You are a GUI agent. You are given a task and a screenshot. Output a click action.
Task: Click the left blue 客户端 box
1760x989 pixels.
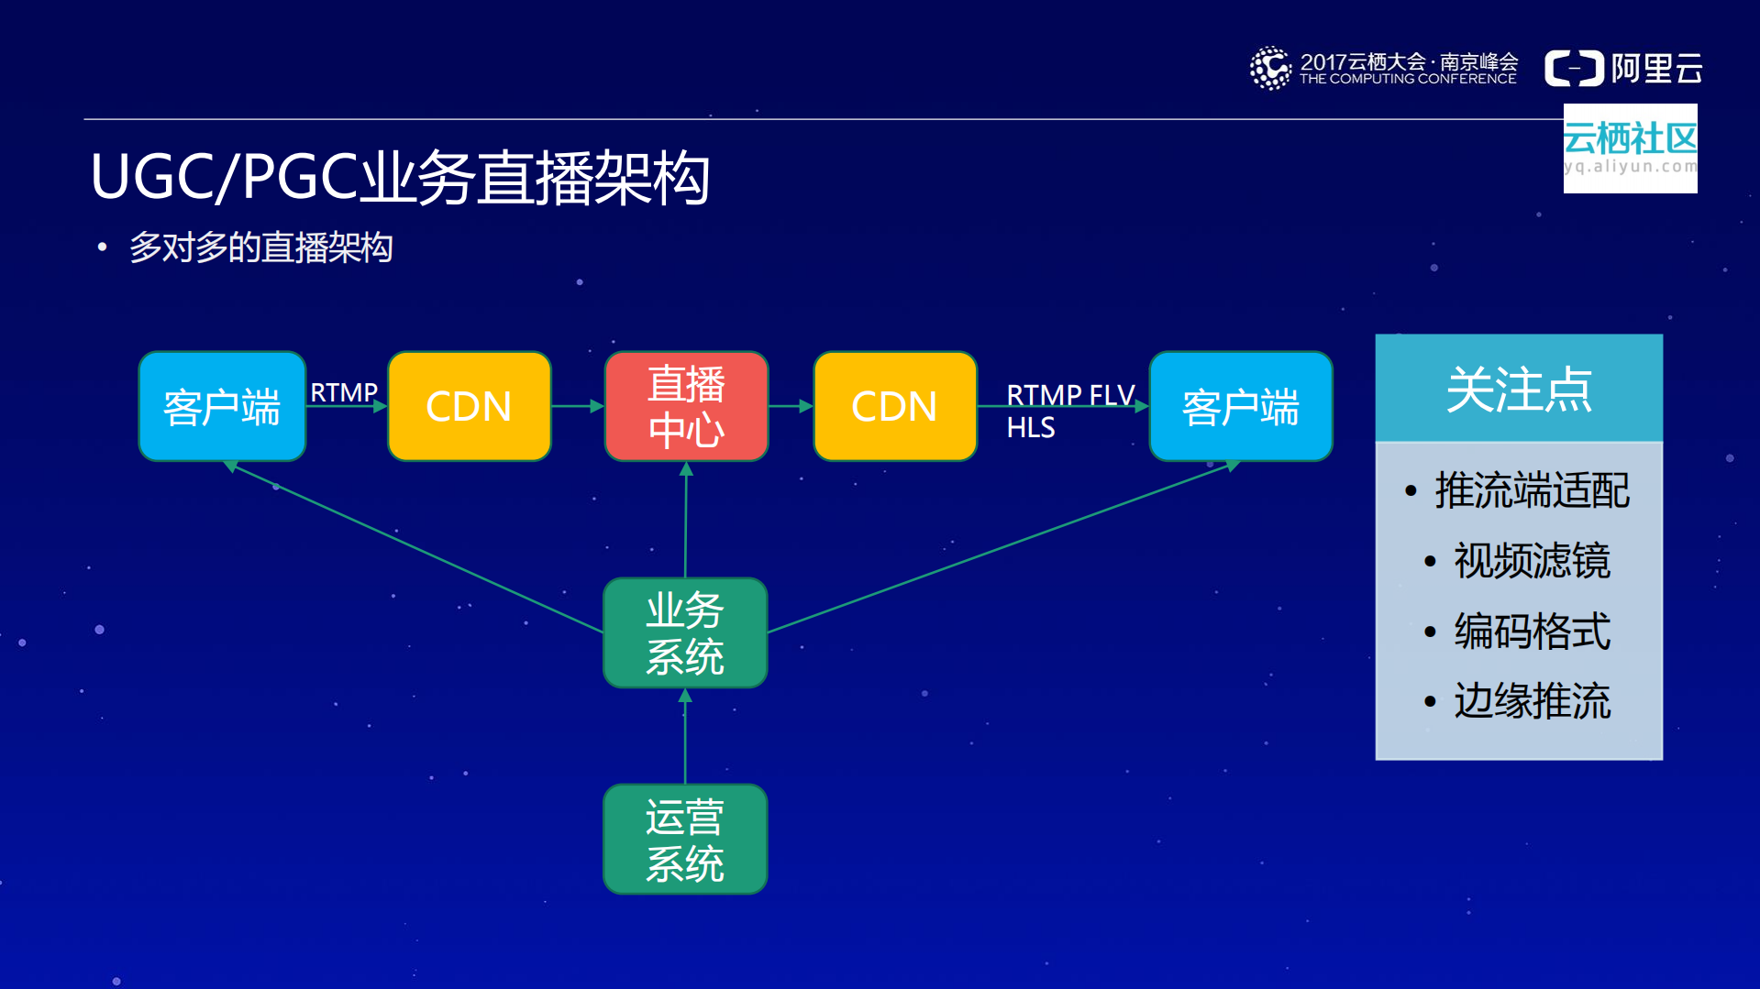coord(222,406)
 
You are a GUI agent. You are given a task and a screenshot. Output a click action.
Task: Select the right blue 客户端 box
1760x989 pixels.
coord(1240,406)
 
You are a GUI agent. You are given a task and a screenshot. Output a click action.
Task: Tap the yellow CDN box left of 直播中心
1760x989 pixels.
coord(469,406)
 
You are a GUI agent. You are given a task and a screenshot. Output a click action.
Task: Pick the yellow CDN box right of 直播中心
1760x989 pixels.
coord(894,406)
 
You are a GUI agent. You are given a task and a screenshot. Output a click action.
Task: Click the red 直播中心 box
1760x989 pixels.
coord(686,406)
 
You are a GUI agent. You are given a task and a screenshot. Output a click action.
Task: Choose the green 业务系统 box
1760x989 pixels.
coord(685,632)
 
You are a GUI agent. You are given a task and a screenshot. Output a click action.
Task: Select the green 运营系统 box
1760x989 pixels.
coord(685,839)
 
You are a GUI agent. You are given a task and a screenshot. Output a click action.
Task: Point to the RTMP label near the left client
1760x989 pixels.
coord(344,392)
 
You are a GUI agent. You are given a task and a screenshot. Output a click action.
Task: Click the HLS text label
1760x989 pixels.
coord(1030,428)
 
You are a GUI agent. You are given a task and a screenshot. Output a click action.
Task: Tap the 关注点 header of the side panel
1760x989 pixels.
coord(1518,389)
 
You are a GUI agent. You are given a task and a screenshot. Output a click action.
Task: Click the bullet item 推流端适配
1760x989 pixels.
coord(1531,490)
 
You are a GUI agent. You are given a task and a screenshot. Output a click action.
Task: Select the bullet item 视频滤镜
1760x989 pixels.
coord(1531,561)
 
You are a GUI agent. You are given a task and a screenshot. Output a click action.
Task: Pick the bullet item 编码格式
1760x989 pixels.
coord(1531,632)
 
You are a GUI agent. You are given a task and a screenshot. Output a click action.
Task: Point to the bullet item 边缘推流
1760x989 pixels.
coord(1531,701)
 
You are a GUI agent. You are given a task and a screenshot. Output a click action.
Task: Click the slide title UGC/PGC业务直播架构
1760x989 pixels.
coord(400,177)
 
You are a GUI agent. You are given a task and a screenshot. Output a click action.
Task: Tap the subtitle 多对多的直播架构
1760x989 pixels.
coord(260,247)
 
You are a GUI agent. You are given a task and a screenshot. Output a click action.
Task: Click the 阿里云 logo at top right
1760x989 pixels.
coord(1623,69)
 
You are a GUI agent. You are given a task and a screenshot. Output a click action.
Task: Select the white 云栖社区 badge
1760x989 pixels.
coord(1630,148)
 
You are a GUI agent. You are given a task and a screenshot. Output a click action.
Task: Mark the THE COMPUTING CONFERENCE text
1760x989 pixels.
coord(1407,80)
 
